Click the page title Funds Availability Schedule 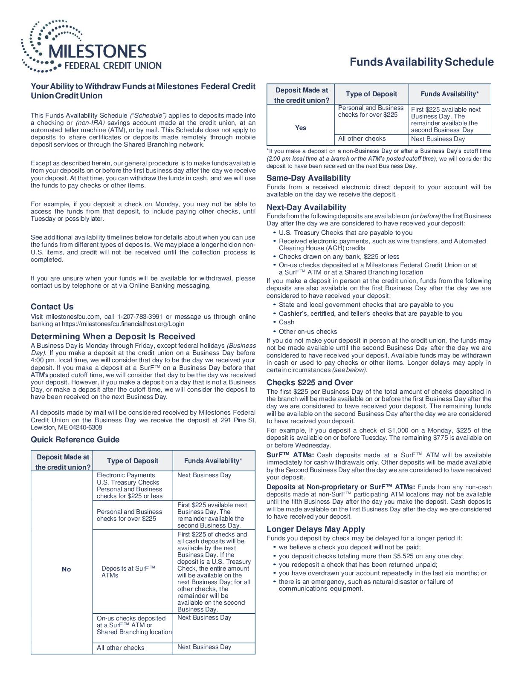pyautogui.click(x=421, y=62)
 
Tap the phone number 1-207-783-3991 pyautogui.click(x=139, y=317)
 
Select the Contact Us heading pyautogui.click(x=52, y=307)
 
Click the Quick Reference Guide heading pyautogui.click(x=75, y=440)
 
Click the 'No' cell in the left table pyautogui.click(x=66, y=569)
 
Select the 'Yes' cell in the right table pyautogui.click(x=301, y=128)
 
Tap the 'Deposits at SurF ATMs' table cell pyautogui.click(x=128, y=572)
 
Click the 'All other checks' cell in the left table pyautogui.click(x=121, y=648)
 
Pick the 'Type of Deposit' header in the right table pyautogui.click(x=371, y=94)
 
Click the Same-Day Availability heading pyautogui.click(x=308, y=178)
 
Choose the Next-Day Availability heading pyautogui.click(x=306, y=208)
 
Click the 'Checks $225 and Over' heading pyautogui.click(x=310, y=383)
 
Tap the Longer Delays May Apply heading pyautogui.click(x=316, y=529)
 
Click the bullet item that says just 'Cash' pyautogui.click(x=287, y=322)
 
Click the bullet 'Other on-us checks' pyautogui.click(x=307, y=332)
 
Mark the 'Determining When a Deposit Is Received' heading pyautogui.click(x=113, y=337)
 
